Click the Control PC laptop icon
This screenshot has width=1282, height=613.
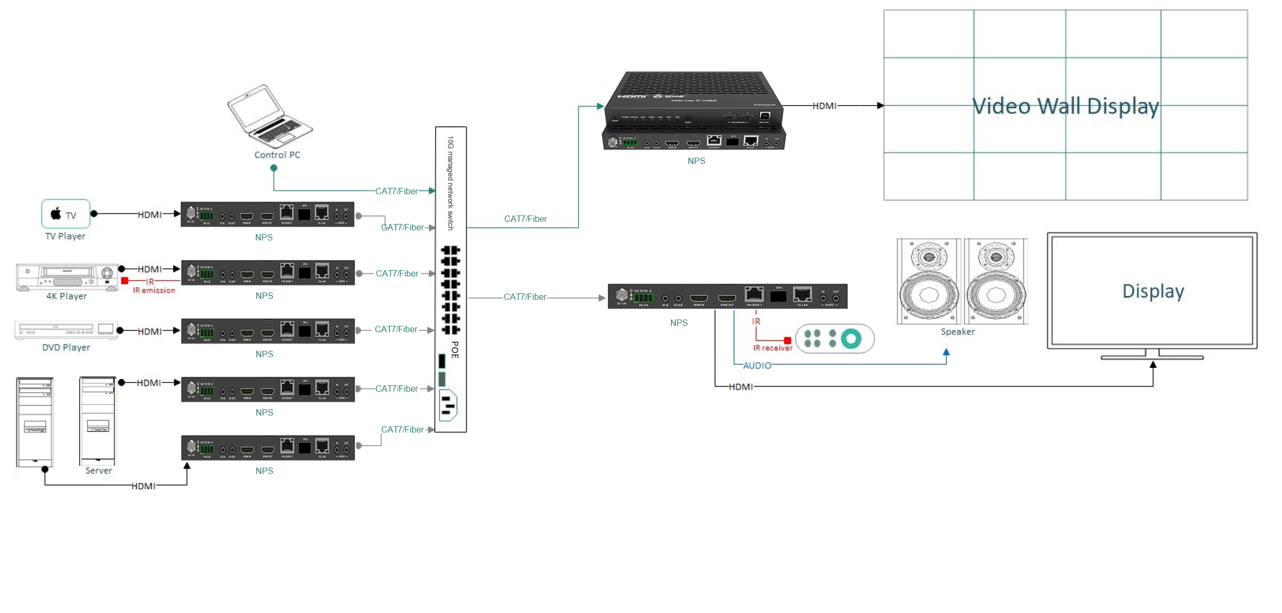coord(270,116)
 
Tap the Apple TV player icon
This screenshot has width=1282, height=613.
coord(66,214)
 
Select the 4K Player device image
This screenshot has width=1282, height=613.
coord(67,277)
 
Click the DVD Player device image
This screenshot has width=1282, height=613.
coord(66,330)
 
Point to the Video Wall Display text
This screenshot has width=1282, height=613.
coord(1065,106)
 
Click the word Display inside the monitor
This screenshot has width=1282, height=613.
coord(1152,291)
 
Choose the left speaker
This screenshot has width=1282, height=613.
coord(928,281)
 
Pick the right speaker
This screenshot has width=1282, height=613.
coord(995,281)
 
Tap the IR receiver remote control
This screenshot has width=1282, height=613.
coord(834,339)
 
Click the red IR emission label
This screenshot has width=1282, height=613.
coord(154,290)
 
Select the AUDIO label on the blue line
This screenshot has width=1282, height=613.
coord(756,366)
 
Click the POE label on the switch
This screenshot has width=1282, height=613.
coord(455,350)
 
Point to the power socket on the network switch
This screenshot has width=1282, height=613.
coord(448,405)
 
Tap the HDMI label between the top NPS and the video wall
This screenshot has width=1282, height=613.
coord(824,106)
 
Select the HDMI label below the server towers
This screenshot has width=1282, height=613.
coord(143,486)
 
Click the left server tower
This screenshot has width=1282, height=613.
coord(35,422)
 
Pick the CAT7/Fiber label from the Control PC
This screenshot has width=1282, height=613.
coord(396,191)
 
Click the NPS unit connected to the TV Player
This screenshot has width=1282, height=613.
coord(268,214)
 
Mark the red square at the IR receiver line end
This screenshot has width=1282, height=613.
coord(787,341)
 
